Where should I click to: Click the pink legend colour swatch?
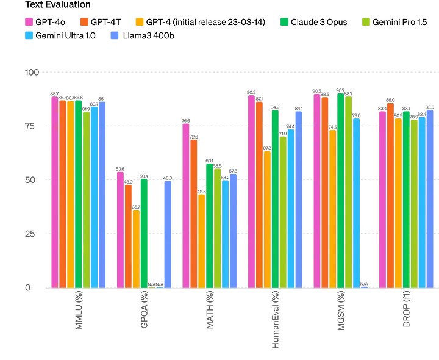coord(27,22)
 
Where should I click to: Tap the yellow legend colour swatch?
coord(140,22)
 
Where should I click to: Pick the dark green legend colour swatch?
coord(283,22)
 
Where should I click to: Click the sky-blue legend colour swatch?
coord(27,37)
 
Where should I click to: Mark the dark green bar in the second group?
coord(145,232)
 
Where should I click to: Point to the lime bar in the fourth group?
coord(283,211)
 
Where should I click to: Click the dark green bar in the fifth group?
coord(340,190)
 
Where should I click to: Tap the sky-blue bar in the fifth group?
coord(357,202)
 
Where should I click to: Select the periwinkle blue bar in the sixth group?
coord(430,198)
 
